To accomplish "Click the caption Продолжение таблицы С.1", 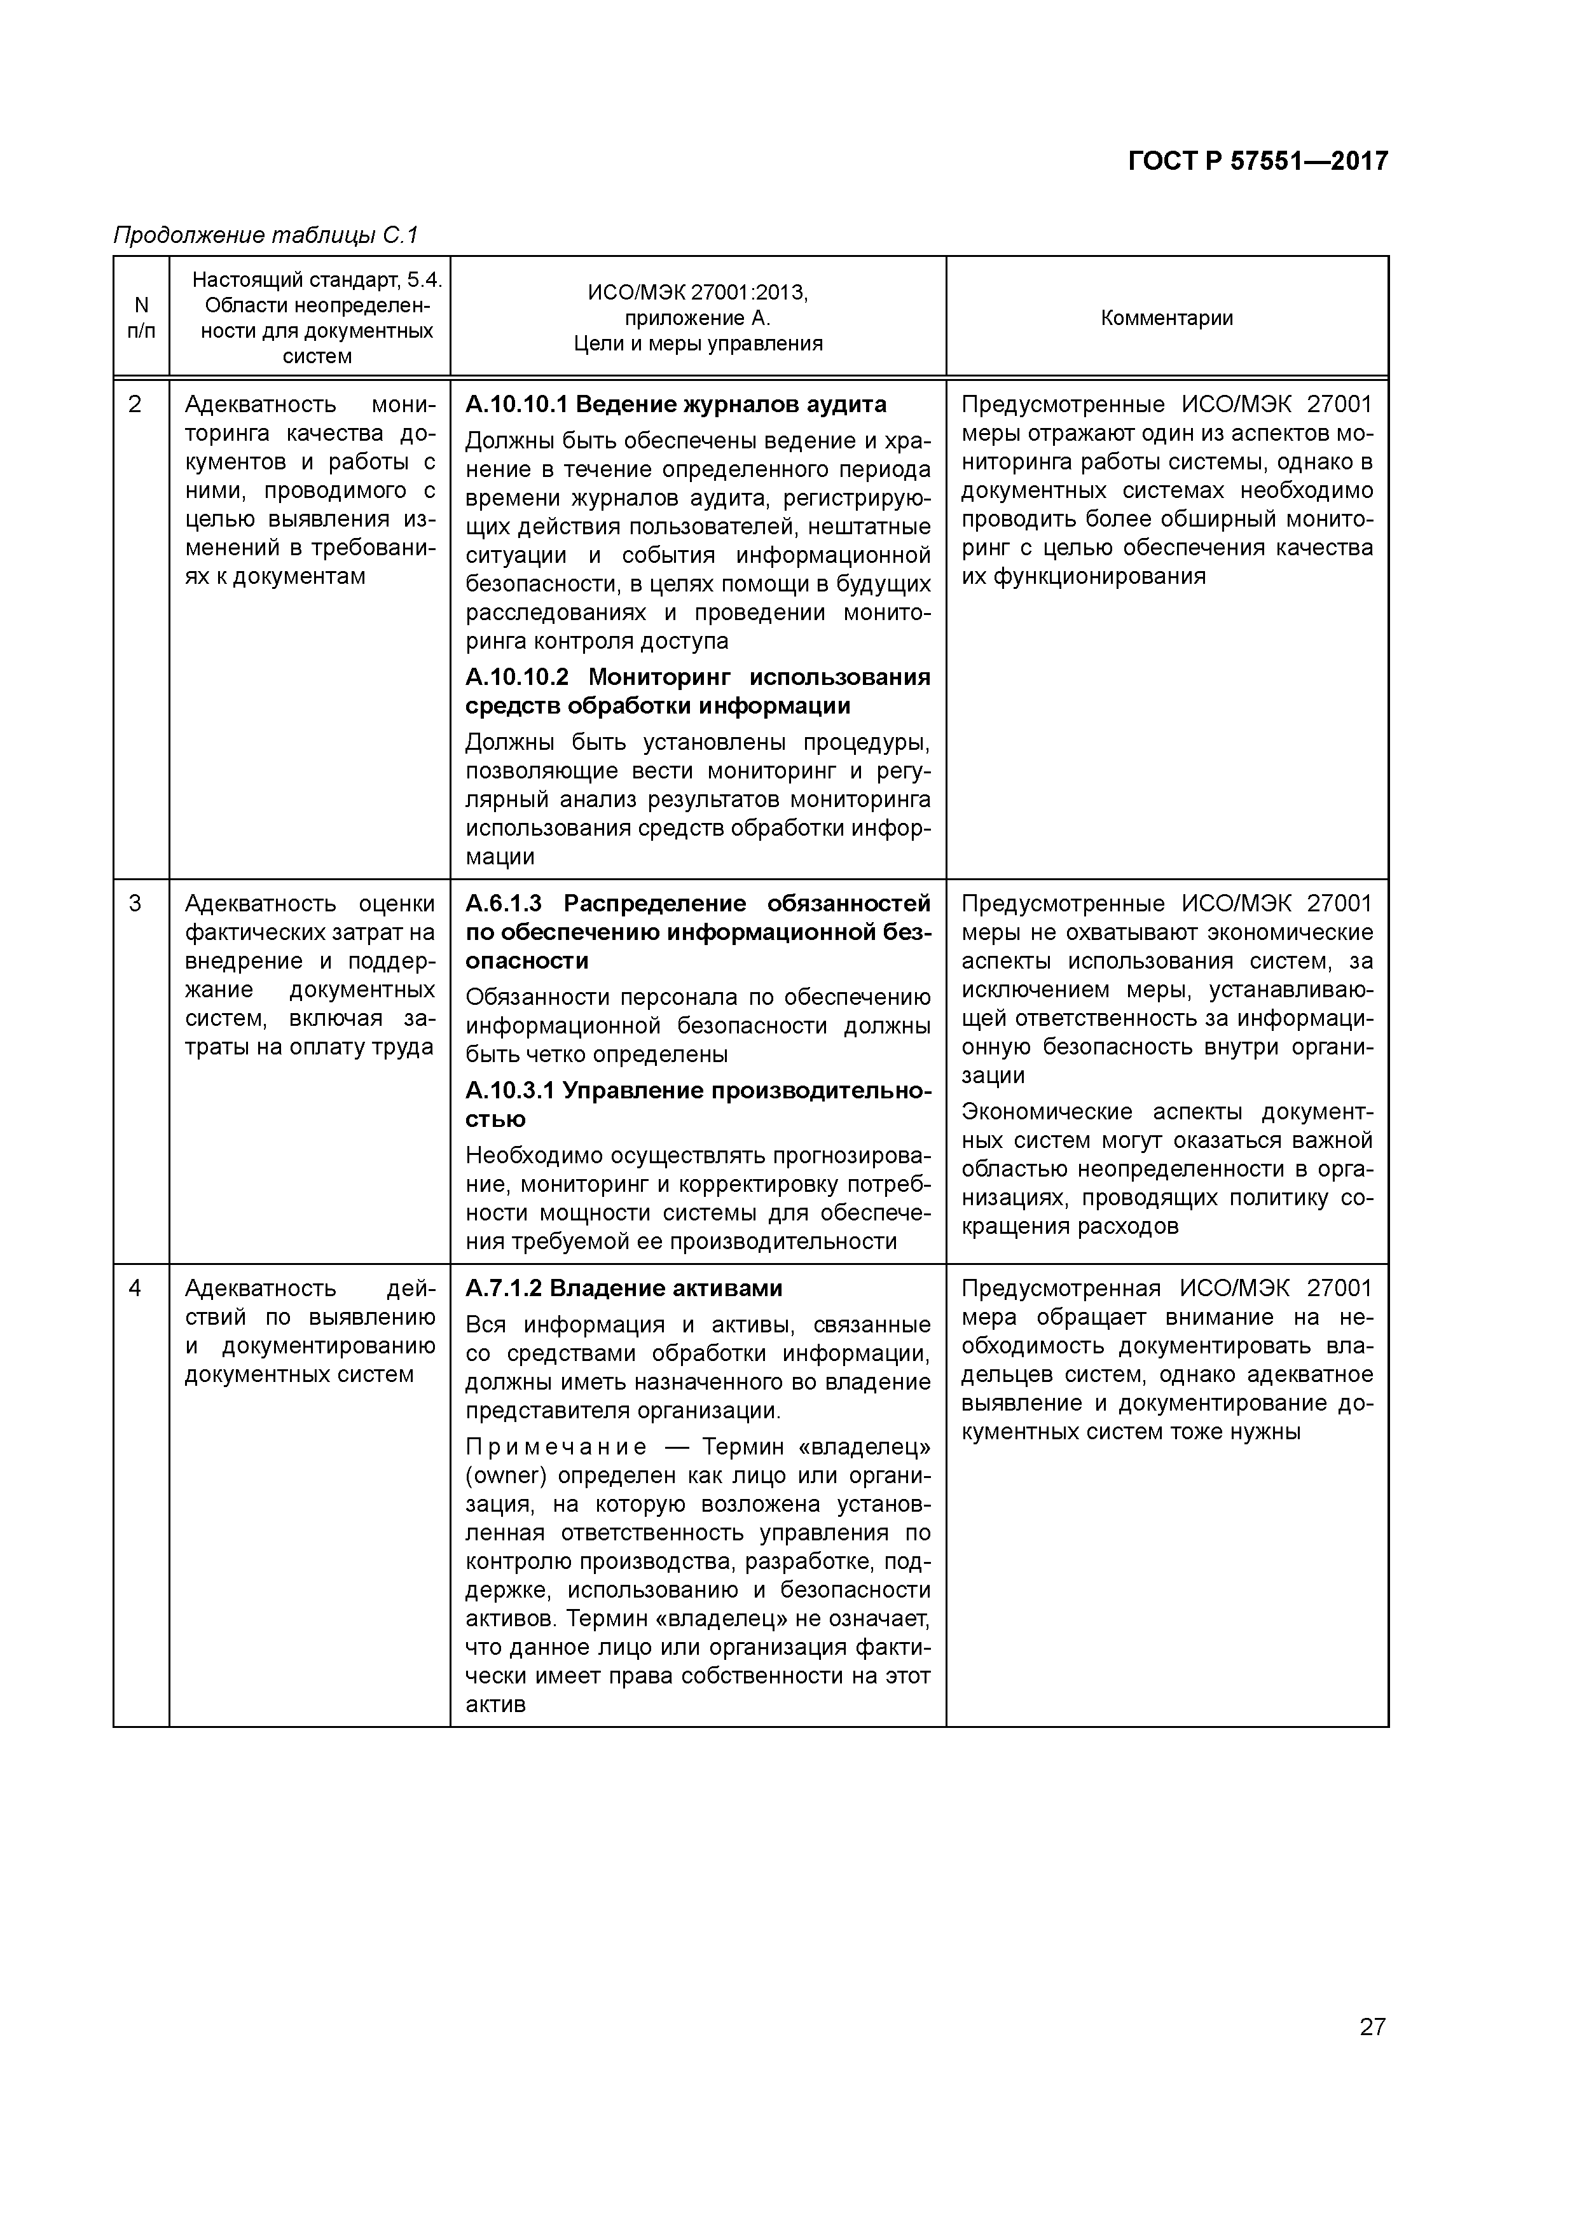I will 265,235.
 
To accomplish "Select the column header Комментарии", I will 1166,318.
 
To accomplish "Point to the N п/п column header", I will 141,318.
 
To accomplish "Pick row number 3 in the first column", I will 135,904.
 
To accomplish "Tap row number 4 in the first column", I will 135,1288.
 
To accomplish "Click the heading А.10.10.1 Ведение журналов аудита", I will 675,404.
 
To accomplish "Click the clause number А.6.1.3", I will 504,904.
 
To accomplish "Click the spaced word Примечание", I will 556,1447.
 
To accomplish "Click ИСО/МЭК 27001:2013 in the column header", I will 697,293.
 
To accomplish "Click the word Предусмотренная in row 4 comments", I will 1060,1288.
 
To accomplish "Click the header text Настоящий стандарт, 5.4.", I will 317,280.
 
